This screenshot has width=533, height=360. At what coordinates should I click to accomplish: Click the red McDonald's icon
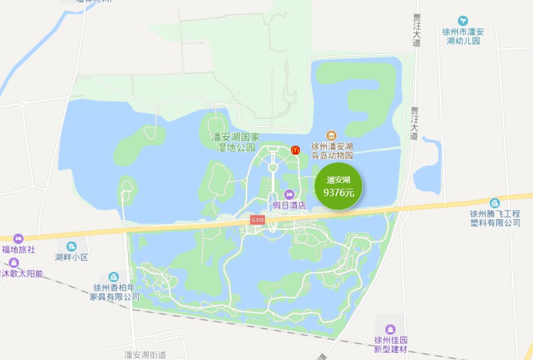pyautogui.click(x=296, y=150)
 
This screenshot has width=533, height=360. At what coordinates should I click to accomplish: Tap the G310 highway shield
pyautogui.click(x=258, y=220)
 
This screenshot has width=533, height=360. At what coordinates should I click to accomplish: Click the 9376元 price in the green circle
pyautogui.click(x=339, y=193)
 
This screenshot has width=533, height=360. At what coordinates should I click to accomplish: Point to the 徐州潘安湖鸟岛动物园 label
pyautogui.click(x=332, y=151)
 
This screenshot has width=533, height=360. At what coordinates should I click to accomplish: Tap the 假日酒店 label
pyautogui.click(x=289, y=205)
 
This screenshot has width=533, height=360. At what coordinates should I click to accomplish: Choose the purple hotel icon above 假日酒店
pyautogui.click(x=289, y=195)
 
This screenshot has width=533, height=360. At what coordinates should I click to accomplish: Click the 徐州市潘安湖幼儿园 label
pyautogui.click(x=463, y=36)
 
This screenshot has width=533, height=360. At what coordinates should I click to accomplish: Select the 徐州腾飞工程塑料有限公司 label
pyautogui.click(x=495, y=218)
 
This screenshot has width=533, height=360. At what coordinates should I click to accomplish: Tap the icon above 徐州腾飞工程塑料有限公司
pyautogui.click(x=495, y=202)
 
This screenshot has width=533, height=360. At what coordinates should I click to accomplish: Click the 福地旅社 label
pyautogui.click(x=19, y=250)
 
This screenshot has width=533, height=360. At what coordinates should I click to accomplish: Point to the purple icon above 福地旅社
pyautogui.click(x=19, y=239)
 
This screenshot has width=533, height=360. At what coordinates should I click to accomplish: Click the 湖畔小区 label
pyautogui.click(x=72, y=257)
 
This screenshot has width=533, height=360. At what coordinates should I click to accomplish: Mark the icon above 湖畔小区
pyautogui.click(x=72, y=246)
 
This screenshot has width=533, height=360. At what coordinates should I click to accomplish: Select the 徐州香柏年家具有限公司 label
pyautogui.click(x=115, y=292)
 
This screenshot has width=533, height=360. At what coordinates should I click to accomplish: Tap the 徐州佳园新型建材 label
pyautogui.click(x=391, y=344)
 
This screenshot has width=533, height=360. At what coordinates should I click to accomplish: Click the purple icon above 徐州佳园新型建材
pyautogui.click(x=390, y=329)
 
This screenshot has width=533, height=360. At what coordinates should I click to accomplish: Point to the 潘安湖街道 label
pyautogui.click(x=145, y=355)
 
